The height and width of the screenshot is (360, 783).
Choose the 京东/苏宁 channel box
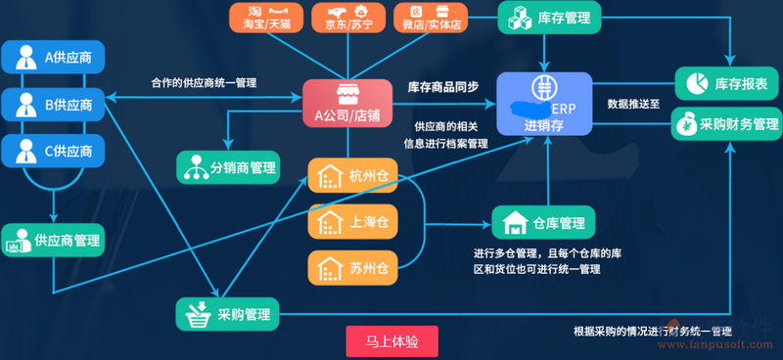[347, 17]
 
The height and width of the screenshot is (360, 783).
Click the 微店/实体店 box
[431, 17]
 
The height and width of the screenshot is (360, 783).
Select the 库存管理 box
[550, 17]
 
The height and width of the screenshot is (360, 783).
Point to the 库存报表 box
[727, 84]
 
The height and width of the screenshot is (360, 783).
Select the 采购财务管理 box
[727, 124]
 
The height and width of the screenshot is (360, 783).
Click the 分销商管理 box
[228, 167]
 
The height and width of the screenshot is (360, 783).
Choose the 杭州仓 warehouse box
[351, 177]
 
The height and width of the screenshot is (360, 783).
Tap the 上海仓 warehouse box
[351, 222]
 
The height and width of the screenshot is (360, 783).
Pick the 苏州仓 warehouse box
[351, 267]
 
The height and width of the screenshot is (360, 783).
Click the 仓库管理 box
[543, 224]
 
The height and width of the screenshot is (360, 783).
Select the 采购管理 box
[228, 314]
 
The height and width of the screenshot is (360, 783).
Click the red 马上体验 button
[391, 341]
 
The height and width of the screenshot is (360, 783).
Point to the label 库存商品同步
[443, 86]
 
